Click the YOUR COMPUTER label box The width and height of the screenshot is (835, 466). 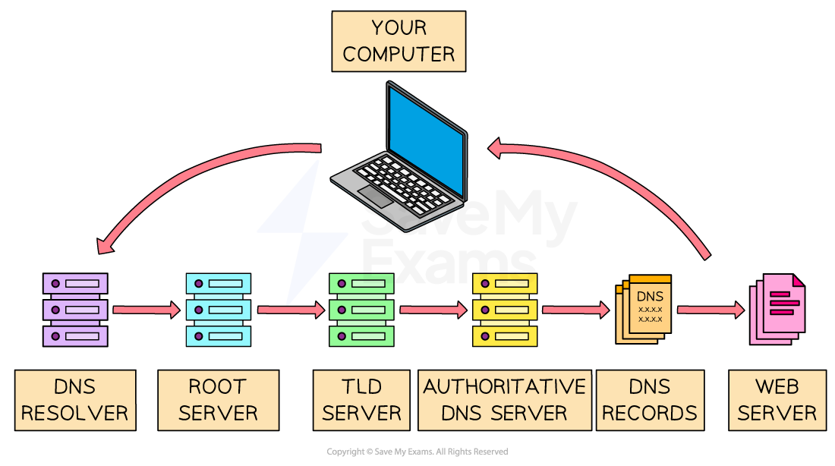tap(399, 42)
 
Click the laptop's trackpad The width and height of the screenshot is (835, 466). tap(375, 196)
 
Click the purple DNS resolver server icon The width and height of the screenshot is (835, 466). tap(75, 310)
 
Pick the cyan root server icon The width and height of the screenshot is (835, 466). tap(218, 310)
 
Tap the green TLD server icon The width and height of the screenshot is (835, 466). tap(361, 310)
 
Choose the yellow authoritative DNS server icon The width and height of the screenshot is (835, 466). tap(505, 310)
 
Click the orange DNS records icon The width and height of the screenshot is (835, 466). tap(644, 309)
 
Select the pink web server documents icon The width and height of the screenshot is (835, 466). tap(777, 308)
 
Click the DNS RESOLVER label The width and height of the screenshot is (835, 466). tap(75, 400)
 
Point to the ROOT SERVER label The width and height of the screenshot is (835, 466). tap(218, 400)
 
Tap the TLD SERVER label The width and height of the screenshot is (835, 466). tap(361, 400)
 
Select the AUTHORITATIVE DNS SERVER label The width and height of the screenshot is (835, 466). tap(505, 400)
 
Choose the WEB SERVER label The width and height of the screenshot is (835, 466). tap(777, 400)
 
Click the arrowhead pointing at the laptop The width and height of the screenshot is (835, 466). tap(497, 147)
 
